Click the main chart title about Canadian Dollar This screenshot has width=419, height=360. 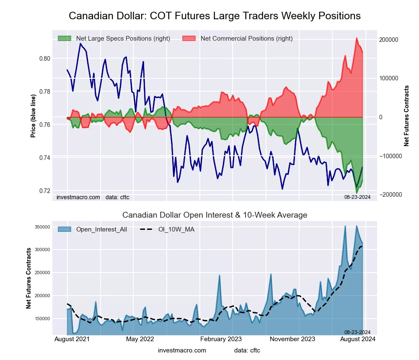[x=215, y=16]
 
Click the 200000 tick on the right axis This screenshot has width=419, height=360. [x=388, y=40]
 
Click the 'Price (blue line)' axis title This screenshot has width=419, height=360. [x=33, y=116]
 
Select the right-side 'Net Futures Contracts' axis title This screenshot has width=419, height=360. [x=406, y=116]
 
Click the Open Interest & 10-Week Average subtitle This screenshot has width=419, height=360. [x=215, y=215]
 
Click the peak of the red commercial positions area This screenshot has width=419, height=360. [x=357, y=38]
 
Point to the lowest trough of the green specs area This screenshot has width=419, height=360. [x=357, y=193]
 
